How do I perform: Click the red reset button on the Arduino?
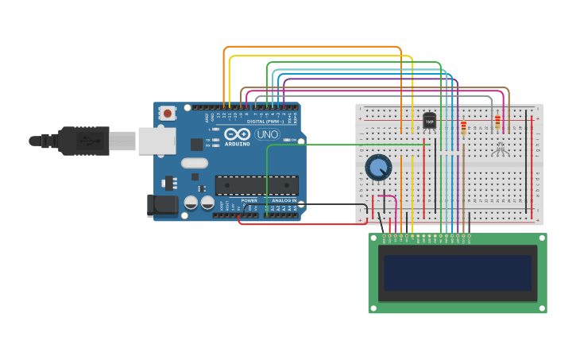pos(167,113)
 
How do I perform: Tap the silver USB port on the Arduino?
pos(157,141)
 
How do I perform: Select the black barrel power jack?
pos(163,205)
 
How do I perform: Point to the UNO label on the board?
pos(267,134)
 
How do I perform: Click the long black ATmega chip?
pos(257,185)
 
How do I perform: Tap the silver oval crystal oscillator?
pos(194,163)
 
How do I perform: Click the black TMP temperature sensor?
pos(429,121)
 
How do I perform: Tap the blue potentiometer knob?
pos(378,168)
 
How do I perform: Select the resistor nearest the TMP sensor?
pos(463,126)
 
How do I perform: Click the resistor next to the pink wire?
pos(498,122)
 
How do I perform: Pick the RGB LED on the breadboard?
pos(499,148)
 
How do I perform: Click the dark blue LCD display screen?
pos(458,273)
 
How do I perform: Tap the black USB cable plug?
pos(83,141)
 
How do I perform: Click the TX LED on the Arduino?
pos(215,140)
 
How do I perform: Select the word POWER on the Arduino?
pos(249,200)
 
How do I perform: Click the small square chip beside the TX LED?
pos(196,144)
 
